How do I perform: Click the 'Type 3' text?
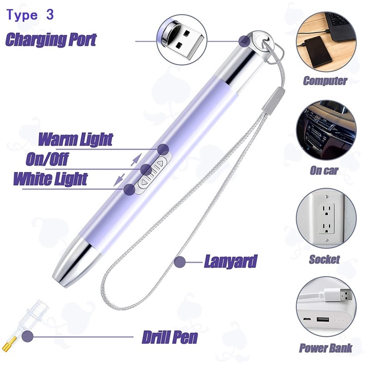click(30, 15)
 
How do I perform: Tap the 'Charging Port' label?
click(51, 39)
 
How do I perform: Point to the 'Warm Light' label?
click(75, 139)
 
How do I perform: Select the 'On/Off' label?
click(47, 160)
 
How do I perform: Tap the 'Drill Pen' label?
click(170, 337)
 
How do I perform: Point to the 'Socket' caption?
click(324, 259)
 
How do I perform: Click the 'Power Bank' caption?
click(325, 348)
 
